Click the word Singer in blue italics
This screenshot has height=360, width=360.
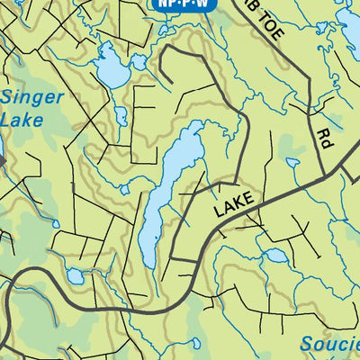tap(34, 97)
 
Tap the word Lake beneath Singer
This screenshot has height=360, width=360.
tap(22, 118)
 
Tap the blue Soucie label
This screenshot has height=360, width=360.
tap(329, 343)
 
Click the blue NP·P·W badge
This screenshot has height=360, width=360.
tap(182, 4)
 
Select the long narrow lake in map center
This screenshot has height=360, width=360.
tap(166, 193)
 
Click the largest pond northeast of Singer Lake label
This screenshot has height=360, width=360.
tap(111, 68)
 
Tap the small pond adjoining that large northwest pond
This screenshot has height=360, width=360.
tap(138, 63)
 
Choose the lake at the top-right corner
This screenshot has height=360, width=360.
tap(347, 36)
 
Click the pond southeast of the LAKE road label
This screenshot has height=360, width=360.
tap(275, 256)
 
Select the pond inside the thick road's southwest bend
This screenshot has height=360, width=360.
tap(76, 277)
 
